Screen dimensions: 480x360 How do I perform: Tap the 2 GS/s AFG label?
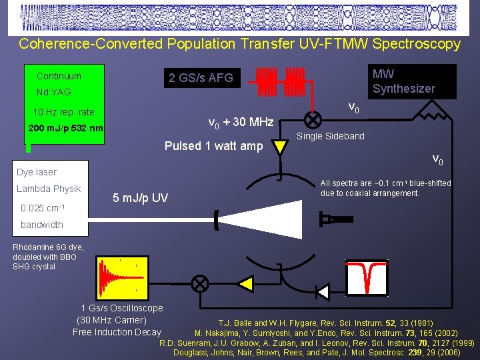point(201,78)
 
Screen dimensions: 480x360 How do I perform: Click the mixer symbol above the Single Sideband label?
point(312,120)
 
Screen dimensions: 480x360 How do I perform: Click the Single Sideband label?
point(331,136)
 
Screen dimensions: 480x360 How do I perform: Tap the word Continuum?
point(59,76)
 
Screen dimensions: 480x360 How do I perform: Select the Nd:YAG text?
point(53,92)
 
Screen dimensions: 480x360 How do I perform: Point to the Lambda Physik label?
point(49,189)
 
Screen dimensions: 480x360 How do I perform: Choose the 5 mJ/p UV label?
point(140,198)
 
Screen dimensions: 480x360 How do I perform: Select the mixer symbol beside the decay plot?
point(199,283)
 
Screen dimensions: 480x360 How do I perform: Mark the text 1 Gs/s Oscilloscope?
point(121,308)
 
